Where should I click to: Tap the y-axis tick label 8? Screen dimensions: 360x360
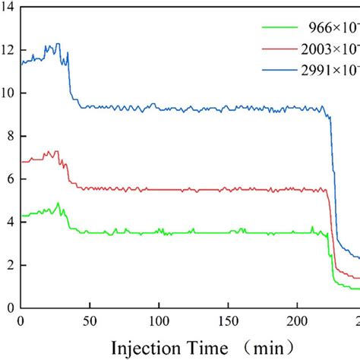[10, 137]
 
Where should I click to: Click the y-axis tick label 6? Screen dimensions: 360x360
[10, 180]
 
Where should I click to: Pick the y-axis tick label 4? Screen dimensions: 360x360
[10, 223]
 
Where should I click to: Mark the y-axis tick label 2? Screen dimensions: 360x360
[10, 266]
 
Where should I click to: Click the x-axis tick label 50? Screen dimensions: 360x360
[90, 321]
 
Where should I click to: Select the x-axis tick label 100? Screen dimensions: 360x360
[159, 321]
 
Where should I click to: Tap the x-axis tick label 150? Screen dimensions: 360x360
[228, 321]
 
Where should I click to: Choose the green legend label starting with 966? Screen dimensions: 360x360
[333, 28]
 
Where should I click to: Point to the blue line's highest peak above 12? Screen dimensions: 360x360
[58, 44]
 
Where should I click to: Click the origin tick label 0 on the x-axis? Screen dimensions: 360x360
[21, 321]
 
